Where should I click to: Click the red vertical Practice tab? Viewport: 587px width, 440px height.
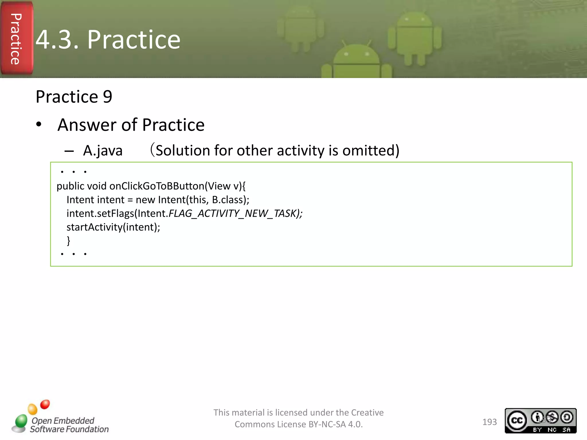pyautogui.click(x=16, y=38)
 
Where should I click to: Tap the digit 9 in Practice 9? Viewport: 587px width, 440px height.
pyautogui.click(x=107, y=97)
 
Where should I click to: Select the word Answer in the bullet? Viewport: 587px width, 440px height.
pyautogui.click(x=87, y=125)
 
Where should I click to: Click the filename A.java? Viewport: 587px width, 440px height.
pyautogui.click(x=103, y=151)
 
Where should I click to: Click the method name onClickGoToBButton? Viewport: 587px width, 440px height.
pyautogui.click(x=157, y=186)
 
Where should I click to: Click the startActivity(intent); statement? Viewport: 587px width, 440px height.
pyautogui.click(x=113, y=227)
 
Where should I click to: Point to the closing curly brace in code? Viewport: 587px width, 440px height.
pyautogui.click(x=68, y=240)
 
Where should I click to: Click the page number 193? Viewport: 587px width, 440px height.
pyautogui.click(x=489, y=422)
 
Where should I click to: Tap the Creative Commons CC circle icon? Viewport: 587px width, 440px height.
pyautogui.click(x=517, y=420)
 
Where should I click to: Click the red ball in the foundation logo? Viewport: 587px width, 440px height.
pyautogui.click(x=45, y=404)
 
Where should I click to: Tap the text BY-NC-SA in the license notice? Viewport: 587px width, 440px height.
pyautogui.click(x=327, y=424)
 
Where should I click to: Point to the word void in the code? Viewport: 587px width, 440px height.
pyautogui.click(x=97, y=186)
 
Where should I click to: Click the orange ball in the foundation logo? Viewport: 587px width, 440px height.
pyautogui.click(x=32, y=409)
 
